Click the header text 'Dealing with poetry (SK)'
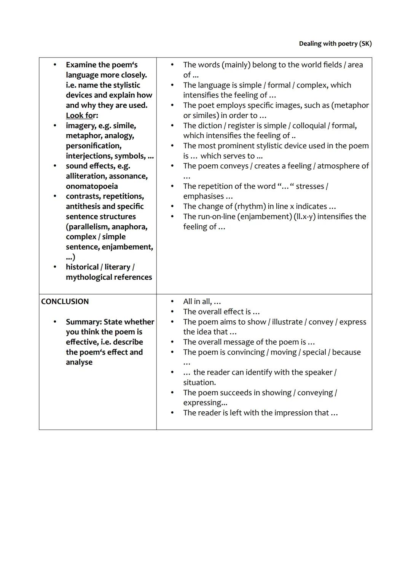pos(335,44)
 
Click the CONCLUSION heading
pos(65,301)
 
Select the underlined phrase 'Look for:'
pos(82,115)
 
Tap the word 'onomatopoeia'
pos(92,186)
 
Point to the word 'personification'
pos(93,146)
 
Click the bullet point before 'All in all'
pos(172,302)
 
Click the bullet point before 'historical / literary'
pos(55,267)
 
